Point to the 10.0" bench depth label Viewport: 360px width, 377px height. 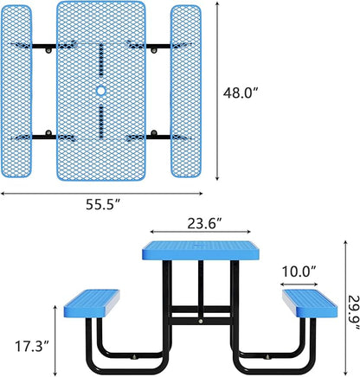(298, 271)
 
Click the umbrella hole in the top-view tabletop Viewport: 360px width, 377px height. (102, 90)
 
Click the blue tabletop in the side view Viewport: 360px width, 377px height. (190, 252)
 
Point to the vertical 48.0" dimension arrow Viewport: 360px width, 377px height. (215, 89)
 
